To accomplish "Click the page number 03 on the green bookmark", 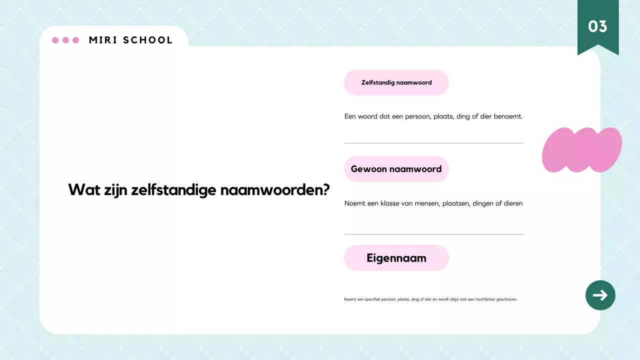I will point(597,26).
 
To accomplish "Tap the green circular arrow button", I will point(600,295).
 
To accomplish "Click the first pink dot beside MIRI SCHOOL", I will point(55,40).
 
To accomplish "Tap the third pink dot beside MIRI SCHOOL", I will point(76,40).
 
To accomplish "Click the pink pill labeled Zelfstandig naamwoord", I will point(396,82).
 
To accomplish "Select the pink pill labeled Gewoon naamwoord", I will point(396,169).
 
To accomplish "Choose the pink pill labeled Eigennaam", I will point(396,258).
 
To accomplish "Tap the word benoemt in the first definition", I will point(508,116).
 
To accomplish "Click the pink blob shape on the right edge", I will point(581,150).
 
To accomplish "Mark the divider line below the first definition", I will point(434,143).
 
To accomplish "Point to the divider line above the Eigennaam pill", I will point(434,234).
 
